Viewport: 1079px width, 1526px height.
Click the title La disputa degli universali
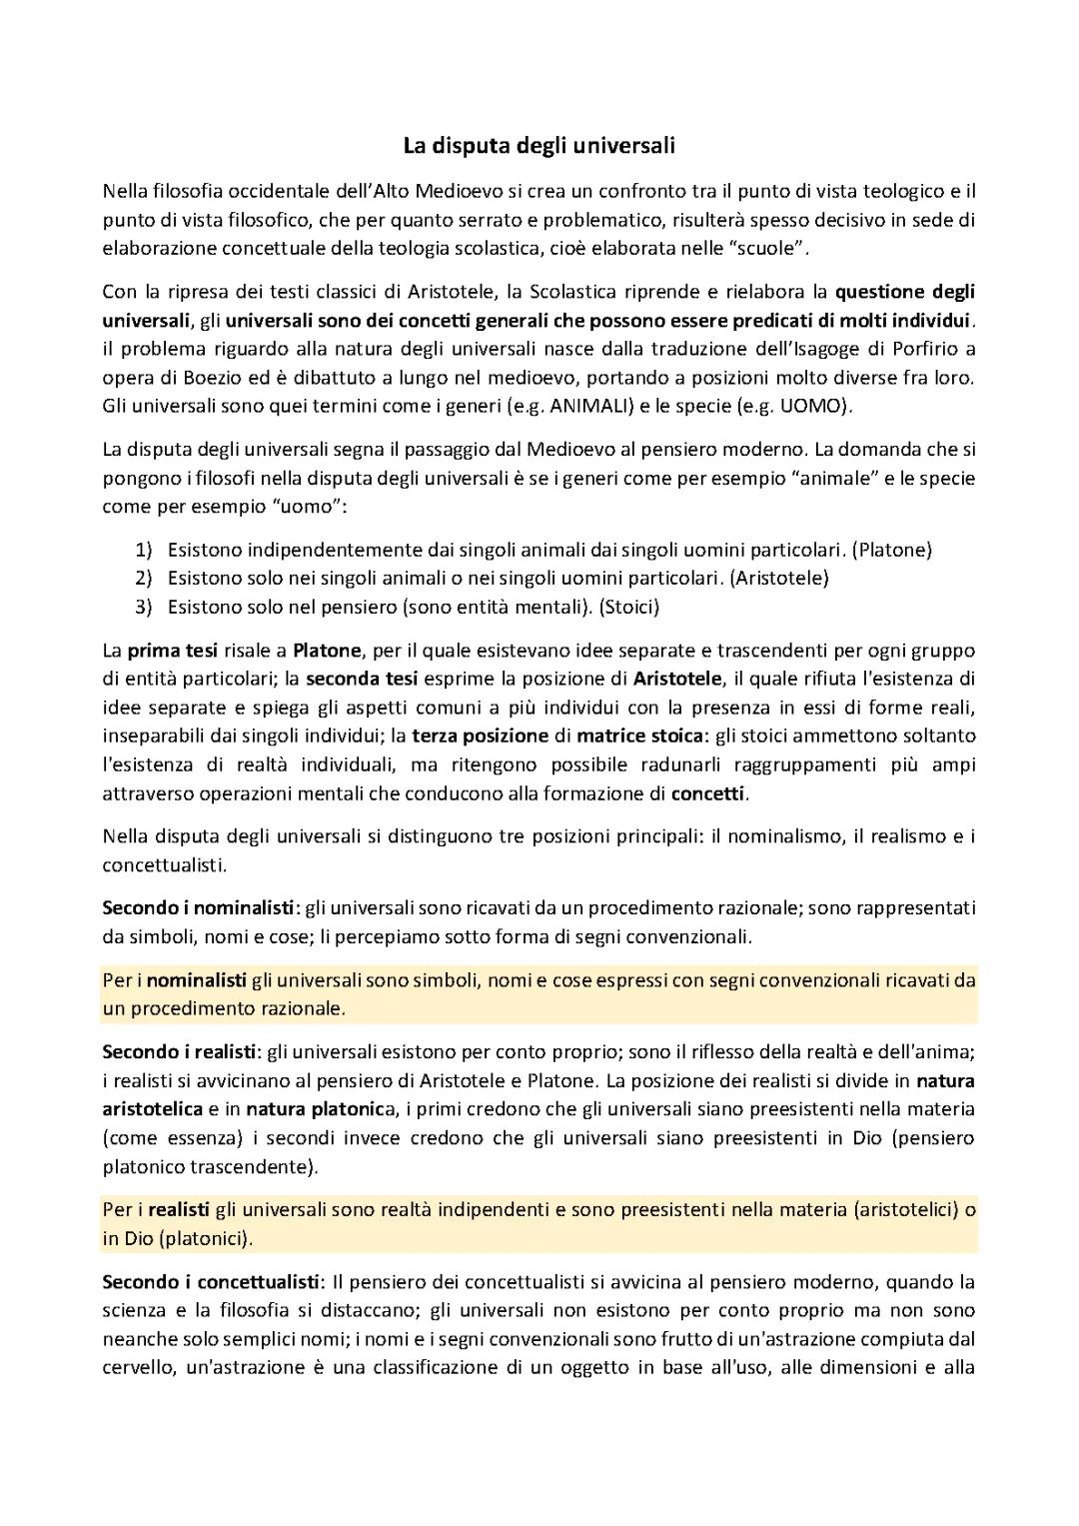click(539, 146)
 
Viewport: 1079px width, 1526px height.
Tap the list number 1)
click(143, 550)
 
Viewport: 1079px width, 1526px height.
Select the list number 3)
click(143, 607)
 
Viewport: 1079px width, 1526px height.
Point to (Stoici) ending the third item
click(628, 607)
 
